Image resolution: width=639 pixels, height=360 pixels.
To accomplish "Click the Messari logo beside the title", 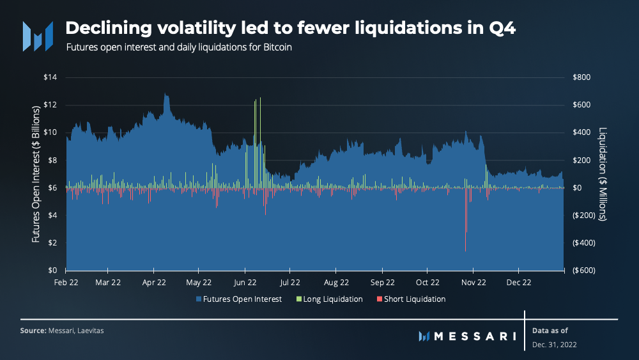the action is (38, 36).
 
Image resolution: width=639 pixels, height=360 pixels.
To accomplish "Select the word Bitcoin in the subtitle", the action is (277, 47).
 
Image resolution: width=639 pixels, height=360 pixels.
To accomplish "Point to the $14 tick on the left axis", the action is (50, 77).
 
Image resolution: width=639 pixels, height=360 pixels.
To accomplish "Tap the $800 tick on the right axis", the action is (581, 77).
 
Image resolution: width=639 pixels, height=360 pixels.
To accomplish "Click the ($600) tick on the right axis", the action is (584, 270).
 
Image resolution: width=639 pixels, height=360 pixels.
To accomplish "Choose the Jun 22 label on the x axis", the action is (245, 283).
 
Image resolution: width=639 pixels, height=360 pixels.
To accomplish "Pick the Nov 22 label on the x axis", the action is (473, 283).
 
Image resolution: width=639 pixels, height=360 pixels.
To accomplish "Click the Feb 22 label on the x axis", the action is (66, 283).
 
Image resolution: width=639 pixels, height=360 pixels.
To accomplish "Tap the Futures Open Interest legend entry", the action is (239, 299).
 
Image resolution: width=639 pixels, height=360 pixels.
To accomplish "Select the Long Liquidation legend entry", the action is (329, 299).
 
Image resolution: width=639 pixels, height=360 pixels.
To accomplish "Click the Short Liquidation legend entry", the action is (411, 299).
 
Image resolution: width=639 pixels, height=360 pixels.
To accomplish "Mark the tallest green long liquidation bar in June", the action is (260, 143).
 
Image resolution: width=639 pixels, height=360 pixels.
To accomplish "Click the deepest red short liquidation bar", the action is (465, 219).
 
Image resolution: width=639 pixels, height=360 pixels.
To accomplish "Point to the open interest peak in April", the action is (165, 94).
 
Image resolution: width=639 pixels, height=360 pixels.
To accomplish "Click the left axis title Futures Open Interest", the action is (36, 174).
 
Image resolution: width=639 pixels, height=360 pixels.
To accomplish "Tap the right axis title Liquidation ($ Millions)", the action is (603, 174).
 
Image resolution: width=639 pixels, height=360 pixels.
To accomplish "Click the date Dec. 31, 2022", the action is (554, 345).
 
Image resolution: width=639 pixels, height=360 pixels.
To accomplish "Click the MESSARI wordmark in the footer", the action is (467, 336).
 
